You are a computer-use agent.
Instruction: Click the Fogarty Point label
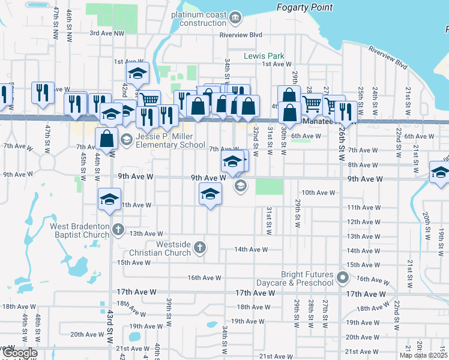click(x=304, y=7)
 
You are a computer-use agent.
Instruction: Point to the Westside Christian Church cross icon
click(x=200, y=247)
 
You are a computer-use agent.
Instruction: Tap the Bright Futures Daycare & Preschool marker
click(x=343, y=277)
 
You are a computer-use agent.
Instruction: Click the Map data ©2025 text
click(x=423, y=355)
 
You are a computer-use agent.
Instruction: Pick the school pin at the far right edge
click(x=440, y=172)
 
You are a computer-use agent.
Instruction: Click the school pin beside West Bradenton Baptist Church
click(x=109, y=199)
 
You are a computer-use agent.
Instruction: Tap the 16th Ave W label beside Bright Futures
click(x=370, y=279)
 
